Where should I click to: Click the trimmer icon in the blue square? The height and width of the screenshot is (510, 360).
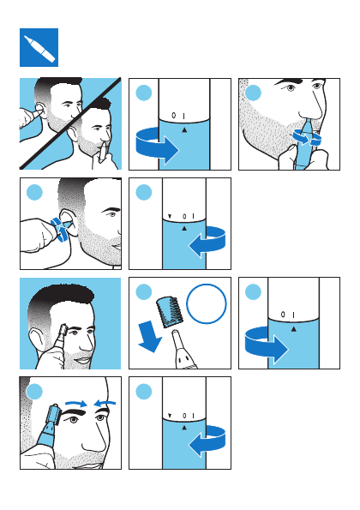point(39,49)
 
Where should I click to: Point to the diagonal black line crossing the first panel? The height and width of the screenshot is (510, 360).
point(70,123)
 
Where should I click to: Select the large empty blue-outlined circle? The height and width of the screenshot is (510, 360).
point(207,303)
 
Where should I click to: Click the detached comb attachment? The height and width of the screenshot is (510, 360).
point(170,312)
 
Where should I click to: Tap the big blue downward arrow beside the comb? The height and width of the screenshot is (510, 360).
point(149,337)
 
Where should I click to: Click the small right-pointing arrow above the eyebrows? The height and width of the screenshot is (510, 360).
point(76,404)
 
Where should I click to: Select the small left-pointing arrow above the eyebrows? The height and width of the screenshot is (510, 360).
point(105,404)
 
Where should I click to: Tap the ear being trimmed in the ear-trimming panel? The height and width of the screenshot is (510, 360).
point(69,221)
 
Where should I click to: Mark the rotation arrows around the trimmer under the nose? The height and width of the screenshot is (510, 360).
point(307,137)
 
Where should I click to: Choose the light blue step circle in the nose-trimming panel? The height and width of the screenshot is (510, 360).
point(253,93)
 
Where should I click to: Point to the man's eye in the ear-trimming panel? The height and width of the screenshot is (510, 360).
point(112,214)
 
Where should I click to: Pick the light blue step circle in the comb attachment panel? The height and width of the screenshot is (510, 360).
point(143,292)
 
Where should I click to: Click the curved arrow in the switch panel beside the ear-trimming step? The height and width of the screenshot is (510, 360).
point(207,243)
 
